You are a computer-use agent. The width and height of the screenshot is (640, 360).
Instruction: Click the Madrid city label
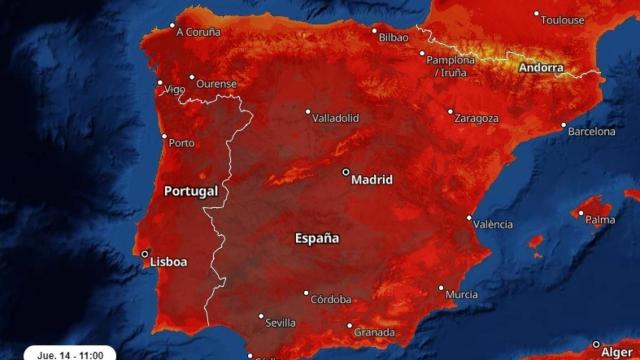click(x=372, y=181)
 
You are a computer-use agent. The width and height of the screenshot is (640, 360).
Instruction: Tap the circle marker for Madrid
click(x=346, y=172)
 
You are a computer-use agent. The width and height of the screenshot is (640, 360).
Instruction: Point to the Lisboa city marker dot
click(x=145, y=254)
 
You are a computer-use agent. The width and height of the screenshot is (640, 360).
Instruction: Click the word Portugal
click(x=190, y=191)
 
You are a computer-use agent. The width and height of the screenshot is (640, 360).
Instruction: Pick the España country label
click(x=317, y=239)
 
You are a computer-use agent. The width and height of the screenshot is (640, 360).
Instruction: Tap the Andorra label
click(x=541, y=68)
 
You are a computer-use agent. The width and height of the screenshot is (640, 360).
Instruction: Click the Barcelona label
click(x=592, y=131)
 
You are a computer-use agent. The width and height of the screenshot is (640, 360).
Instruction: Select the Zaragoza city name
click(x=476, y=118)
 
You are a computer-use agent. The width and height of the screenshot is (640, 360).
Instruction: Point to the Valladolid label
click(x=336, y=118)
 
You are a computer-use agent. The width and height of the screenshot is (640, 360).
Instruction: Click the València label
click(x=493, y=224)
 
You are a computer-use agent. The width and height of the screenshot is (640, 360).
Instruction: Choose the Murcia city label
click(x=461, y=294)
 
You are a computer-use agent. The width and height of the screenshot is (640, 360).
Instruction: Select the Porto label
click(x=182, y=143)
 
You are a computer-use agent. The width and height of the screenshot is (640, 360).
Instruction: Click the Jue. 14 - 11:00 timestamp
click(x=71, y=354)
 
